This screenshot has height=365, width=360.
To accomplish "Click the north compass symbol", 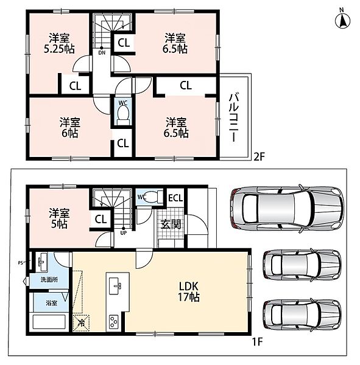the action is coord(342,19).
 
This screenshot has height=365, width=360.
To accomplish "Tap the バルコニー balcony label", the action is coord(234,117).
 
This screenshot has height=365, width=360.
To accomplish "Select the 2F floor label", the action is coord(259,157).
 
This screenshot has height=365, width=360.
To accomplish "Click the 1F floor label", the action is coord(258,342).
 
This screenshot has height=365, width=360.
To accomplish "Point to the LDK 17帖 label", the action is coord(189,291).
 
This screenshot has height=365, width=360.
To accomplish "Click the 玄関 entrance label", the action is coord(171,224).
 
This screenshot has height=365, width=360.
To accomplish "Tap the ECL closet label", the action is coord(175,198).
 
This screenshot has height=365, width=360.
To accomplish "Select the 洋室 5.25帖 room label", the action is coord(59,44).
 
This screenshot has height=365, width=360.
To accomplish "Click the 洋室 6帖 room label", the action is coord(69,128).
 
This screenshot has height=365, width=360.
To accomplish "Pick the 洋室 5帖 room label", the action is coord(59,218).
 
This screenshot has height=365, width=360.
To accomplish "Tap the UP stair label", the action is coord(123,233).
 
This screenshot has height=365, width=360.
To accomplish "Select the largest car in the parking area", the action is coord(288,209).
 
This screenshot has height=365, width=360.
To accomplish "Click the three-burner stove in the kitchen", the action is coord(113,322).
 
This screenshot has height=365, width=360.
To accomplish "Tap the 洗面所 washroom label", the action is coord(49,280).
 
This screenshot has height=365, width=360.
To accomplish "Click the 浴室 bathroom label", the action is coord(51,303).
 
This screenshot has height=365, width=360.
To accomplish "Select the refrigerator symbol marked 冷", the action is coord(82,322).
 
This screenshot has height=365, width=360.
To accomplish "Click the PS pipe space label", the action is coord(21,263).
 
